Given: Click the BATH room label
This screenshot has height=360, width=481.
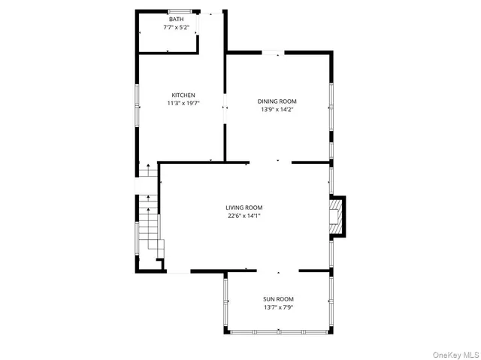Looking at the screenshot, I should coord(175,20).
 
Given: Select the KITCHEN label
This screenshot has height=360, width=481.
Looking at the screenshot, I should coord(183,95).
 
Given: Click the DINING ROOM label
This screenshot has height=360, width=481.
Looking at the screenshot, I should coord(277,101).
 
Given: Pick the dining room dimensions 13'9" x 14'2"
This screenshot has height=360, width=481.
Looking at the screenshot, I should coord(277,110).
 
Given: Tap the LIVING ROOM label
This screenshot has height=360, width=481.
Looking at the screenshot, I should coord(244,207).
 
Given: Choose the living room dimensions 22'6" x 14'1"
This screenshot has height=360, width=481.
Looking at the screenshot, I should coord(244,216).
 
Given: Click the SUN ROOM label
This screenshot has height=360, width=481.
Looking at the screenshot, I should coord(277,298).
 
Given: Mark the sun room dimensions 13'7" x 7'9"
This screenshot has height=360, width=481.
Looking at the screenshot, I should coord(277,307).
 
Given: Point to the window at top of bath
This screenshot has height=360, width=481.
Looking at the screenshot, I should coord(178,11).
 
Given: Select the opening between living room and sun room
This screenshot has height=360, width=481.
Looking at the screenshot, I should coord(278,271).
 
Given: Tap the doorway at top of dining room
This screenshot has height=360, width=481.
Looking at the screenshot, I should coord(273,52).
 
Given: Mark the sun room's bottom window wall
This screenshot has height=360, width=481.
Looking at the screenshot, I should coord(278,331).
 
